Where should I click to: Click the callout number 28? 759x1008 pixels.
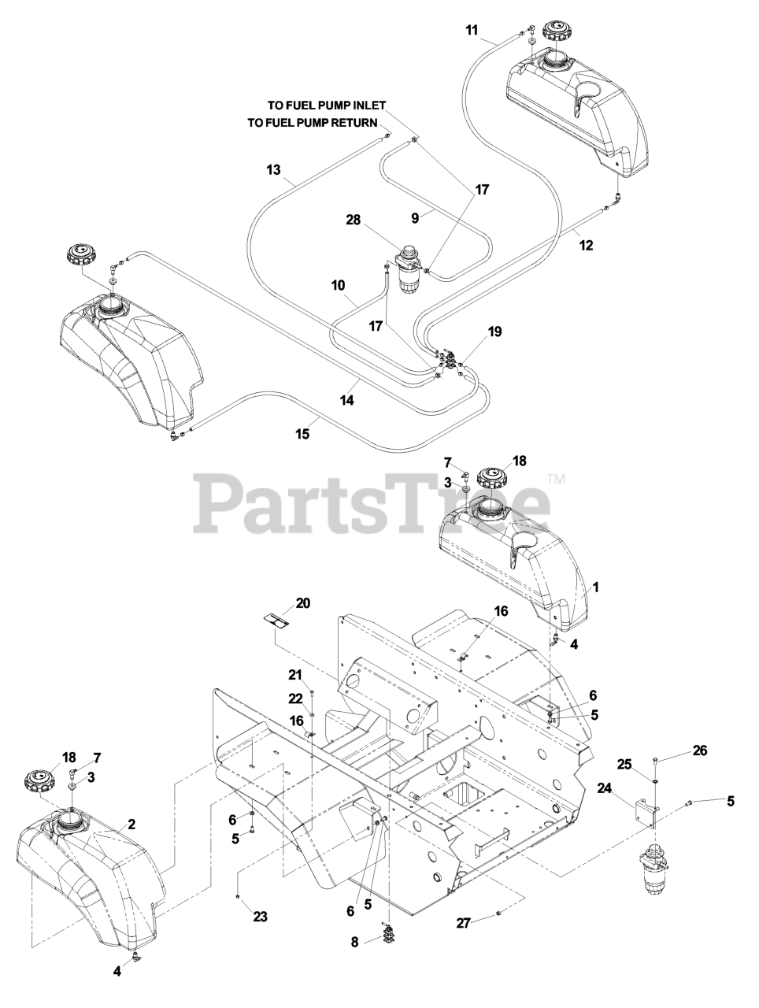pyautogui.click(x=353, y=220)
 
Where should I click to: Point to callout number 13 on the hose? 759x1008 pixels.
pyautogui.click(x=273, y=169)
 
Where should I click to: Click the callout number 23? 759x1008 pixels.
pyautogui.click(x=260, y=916)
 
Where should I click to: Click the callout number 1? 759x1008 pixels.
pyautogui.click(x=596, y=587)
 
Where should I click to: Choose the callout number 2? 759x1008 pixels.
pyautogui.click(x=131, y=825)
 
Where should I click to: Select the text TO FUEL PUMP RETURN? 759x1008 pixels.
pyautogui.click(x=312, y=123)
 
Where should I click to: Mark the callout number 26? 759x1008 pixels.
pyautogui.click(x=700, y=750)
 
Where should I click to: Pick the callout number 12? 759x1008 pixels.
pyautogui.click(x=585, y=244)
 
